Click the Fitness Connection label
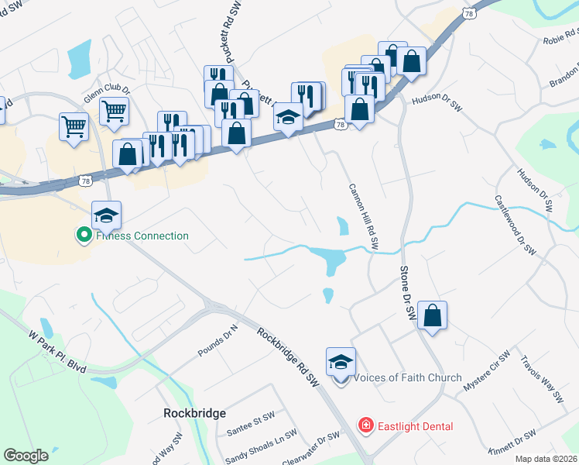tap(142, 236)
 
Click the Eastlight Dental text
tap(415, 426)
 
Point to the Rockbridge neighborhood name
tap(194, 413)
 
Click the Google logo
tap(26, 456)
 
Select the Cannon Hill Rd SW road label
tap(363, 216)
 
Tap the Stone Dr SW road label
tap(408, 294)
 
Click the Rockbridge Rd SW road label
tap(288, 358)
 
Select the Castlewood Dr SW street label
tap(516, 225)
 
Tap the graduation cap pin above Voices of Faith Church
tap(341, 361)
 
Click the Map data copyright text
tap(546, 459)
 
